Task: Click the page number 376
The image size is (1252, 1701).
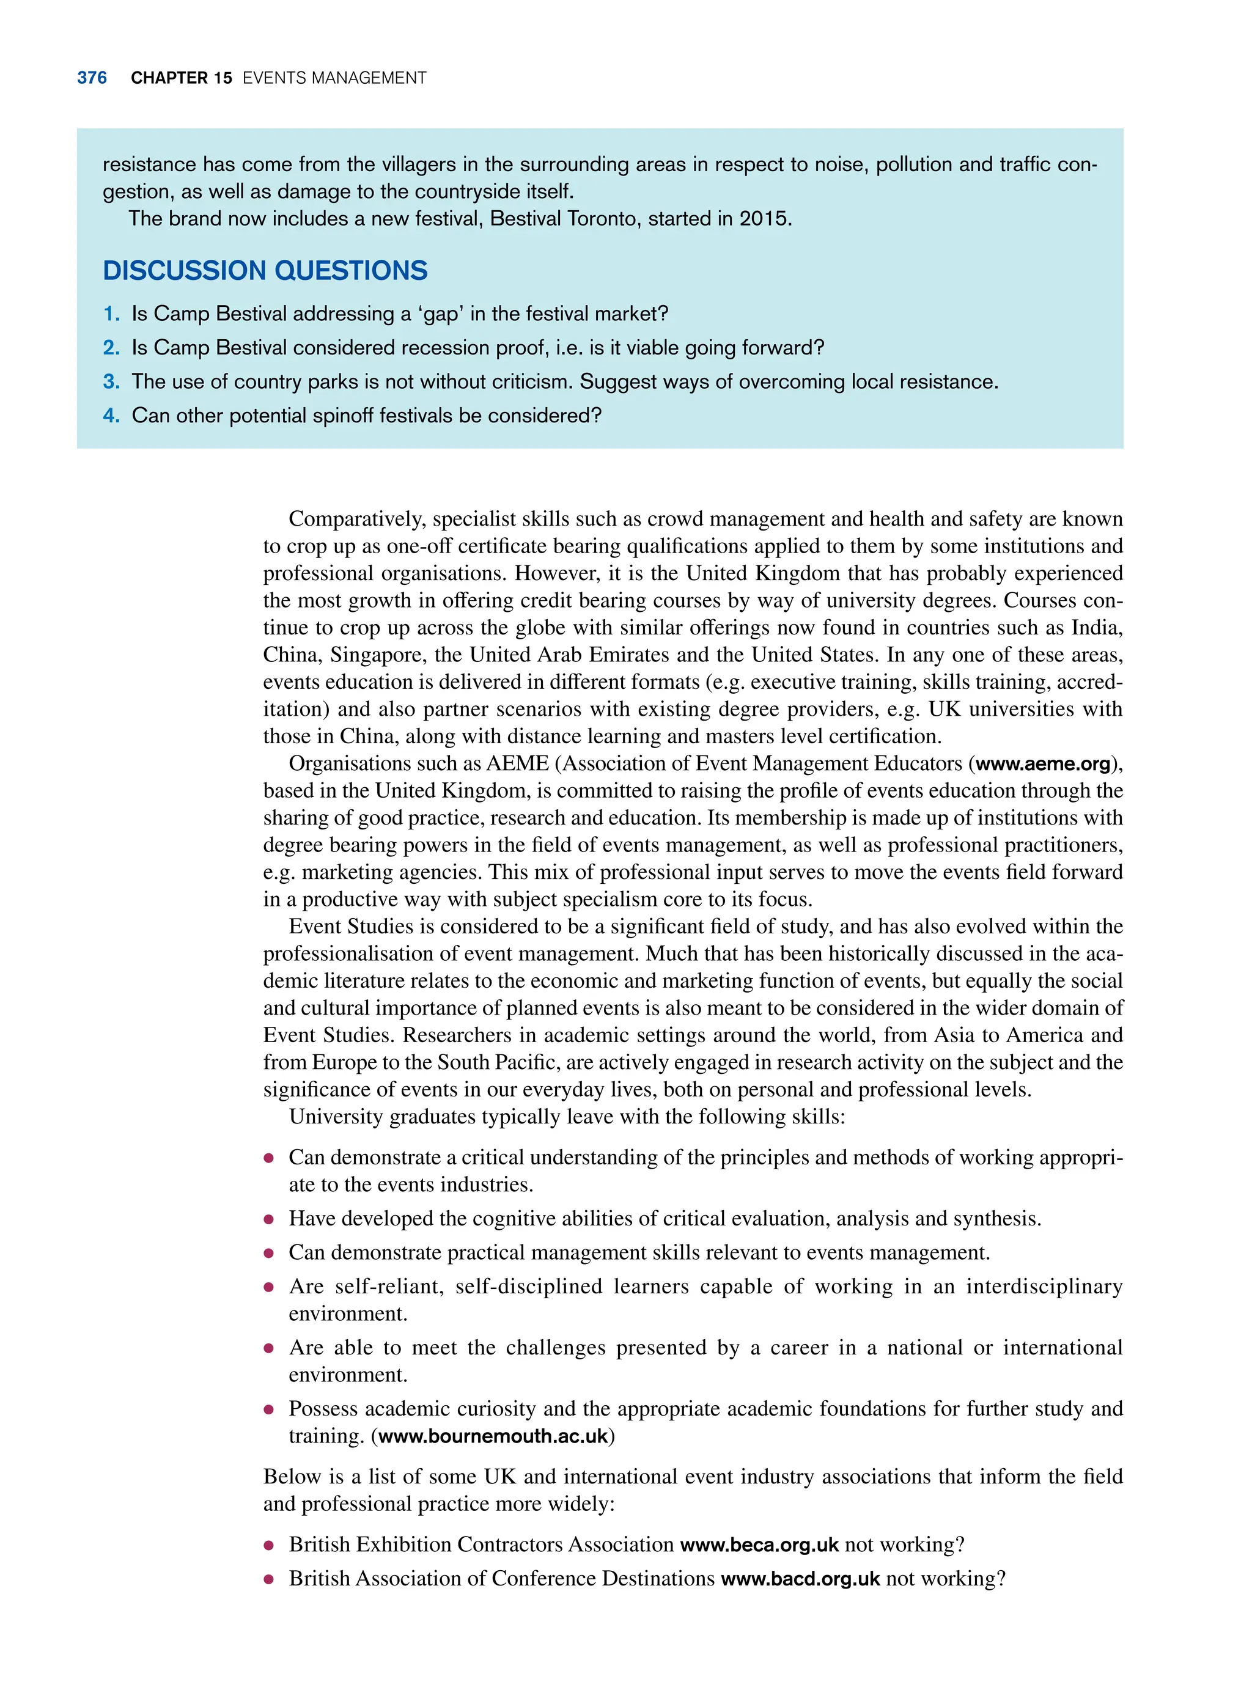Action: tap(92, 78)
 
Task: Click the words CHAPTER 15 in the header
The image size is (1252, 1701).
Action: tap(181, 78)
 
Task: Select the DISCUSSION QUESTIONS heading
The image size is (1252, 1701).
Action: tap(265, 271)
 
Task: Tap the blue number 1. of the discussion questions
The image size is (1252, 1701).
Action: tap(111, 314)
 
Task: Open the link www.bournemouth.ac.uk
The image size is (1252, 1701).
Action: tap(493, 1436)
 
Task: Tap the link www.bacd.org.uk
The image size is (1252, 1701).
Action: tap(800, 1579)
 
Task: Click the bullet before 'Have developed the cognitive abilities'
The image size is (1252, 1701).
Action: tap(268, 1219)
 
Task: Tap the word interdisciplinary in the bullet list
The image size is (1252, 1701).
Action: tap(1044, 1287)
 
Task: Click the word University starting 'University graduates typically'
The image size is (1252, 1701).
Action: tap(336, 1117)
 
